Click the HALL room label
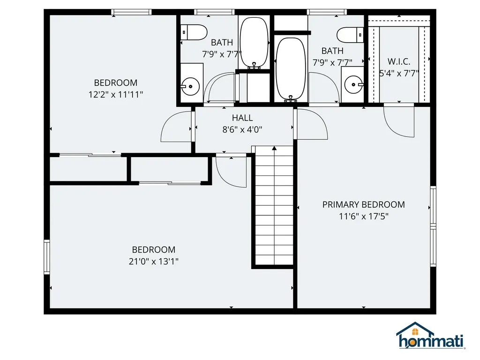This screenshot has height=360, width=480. tap(242, 118)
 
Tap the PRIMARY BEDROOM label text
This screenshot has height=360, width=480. tap(363, 204)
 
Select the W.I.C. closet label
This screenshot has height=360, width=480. tap(399, 61)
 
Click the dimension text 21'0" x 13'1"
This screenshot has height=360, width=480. tap(154, 261)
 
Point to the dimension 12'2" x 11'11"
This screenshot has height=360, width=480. tap(116, 94)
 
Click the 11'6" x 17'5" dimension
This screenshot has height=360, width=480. tap(363, 216)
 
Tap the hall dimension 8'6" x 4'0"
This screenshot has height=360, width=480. tap(242, 129)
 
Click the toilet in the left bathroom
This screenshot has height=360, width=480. tap(195, 32)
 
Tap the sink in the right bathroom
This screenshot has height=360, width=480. tap(352, 84)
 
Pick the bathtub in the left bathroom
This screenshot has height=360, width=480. tap(254, 43)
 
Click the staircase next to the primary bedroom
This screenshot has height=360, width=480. tap(274, 206)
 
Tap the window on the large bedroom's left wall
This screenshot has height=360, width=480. tap(46, 256)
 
